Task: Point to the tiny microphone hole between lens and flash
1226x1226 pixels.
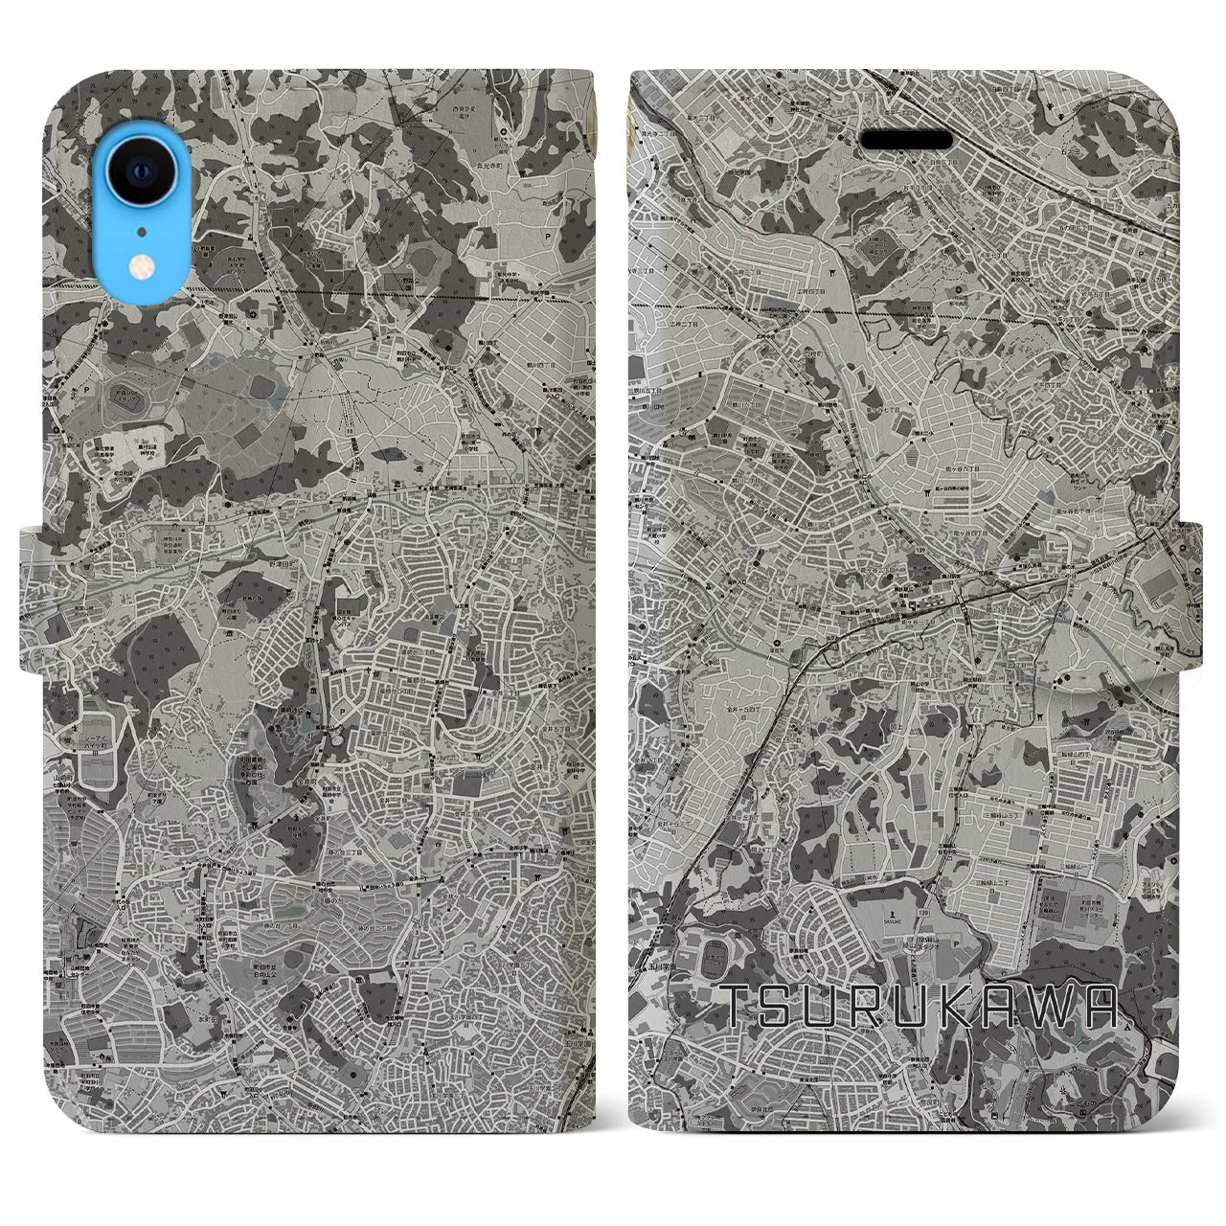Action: [140, 230]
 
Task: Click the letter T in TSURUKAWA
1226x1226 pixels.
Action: [738, 1005]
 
